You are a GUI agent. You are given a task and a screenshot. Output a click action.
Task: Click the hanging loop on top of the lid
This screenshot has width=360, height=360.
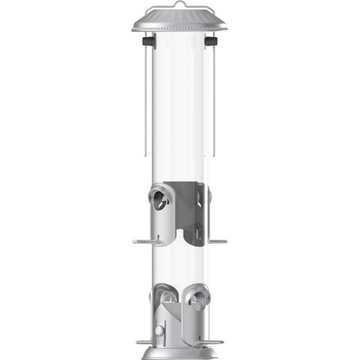[x=180, y=5]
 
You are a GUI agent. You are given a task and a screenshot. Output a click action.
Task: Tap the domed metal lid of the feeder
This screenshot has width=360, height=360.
[x=180, y=20]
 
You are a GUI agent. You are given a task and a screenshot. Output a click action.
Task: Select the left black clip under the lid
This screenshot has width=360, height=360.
[x=148, y=41]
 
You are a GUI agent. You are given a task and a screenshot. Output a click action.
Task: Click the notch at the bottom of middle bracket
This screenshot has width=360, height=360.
[x=181, y=234]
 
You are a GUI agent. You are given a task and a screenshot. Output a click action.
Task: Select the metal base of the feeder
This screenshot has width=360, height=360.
[x=180, y=353]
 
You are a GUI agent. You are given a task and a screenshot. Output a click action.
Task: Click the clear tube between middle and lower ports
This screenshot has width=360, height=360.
[x=180, y=264]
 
